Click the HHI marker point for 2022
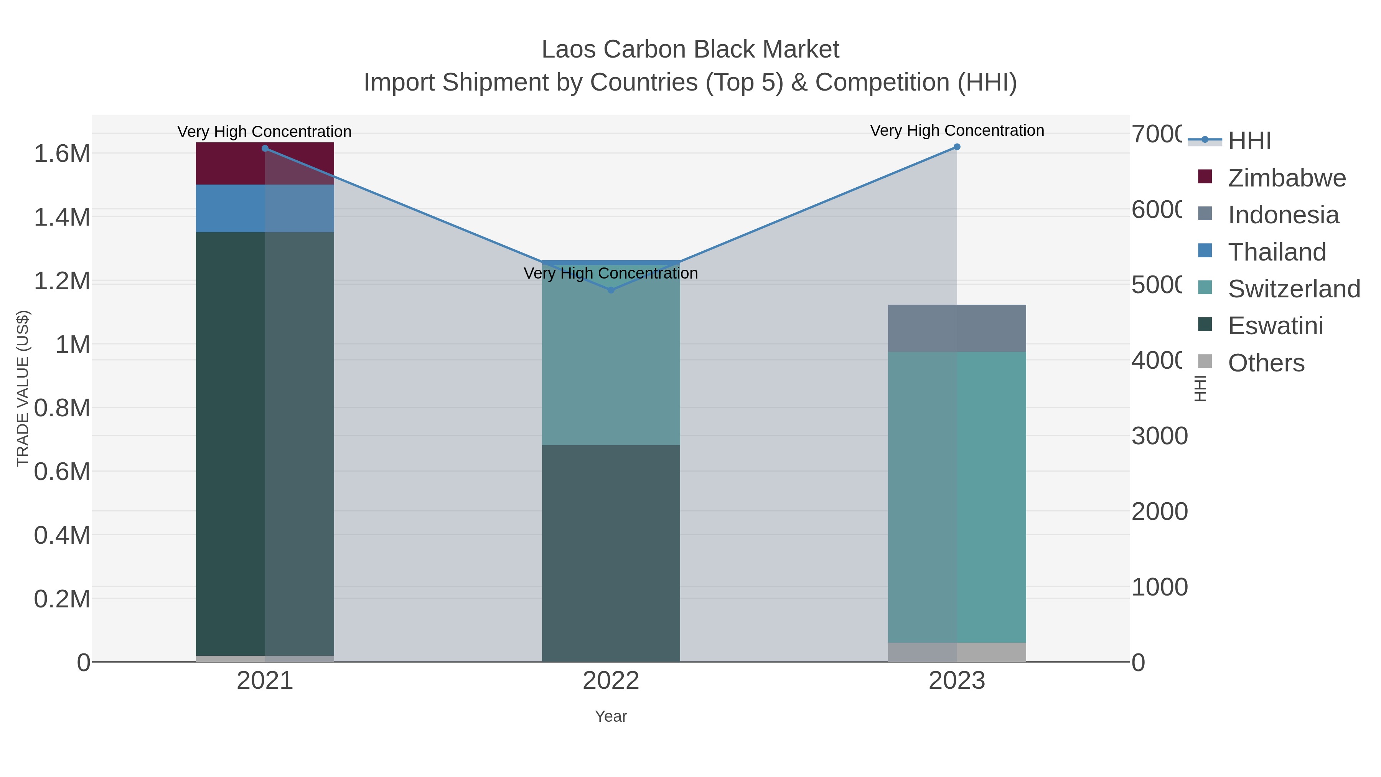611,290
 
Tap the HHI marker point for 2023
957,147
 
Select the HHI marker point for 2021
265,148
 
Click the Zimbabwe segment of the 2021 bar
231,163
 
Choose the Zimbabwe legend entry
1286,178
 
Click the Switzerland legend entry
1293,289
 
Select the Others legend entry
1266,363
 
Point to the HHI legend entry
1249,141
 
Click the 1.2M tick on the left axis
62,281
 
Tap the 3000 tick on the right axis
1159,436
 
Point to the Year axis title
611,716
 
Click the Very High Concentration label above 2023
957,130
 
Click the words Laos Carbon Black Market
690,49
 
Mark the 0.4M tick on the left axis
62,535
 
